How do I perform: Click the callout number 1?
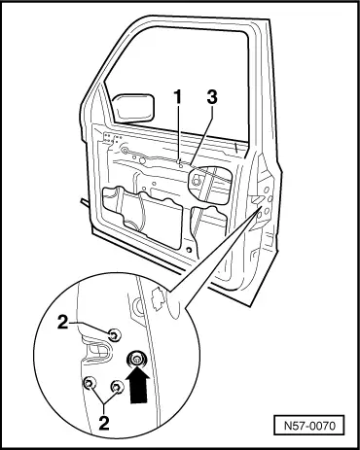tap(178, 97)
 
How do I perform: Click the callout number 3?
tap(212, 97)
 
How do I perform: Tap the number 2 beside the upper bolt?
tap(63, 322)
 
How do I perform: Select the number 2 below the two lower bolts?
tap(104, 423)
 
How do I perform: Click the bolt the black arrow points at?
tap(137, 359)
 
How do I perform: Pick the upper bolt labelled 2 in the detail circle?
tap(114, 335)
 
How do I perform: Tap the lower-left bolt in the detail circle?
tap(90, 383)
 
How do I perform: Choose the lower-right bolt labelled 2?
tap(117, 386)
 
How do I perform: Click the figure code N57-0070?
tap(309, 426)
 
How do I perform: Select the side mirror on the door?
tap(133, 108)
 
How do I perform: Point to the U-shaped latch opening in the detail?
tap(96, 352)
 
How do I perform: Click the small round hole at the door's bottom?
tap(188, 250)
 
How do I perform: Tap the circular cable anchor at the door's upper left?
tap(125, 150)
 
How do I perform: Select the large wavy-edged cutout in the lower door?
tap(143, 216)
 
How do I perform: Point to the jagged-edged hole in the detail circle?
tap(158, 298)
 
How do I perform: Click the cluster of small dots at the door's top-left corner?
tap(112, 138)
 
